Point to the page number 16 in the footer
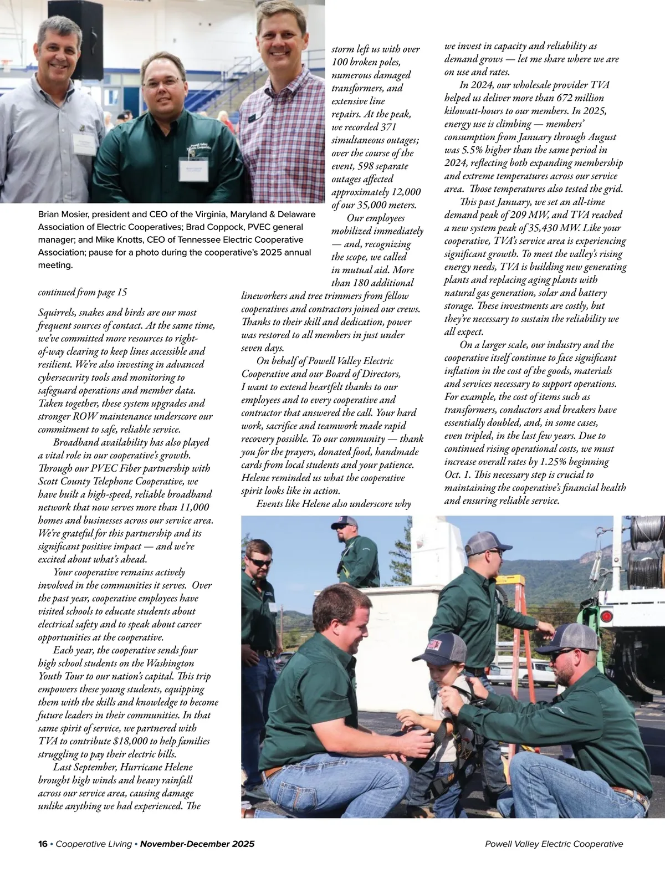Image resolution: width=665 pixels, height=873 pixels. click(x=43, y=844)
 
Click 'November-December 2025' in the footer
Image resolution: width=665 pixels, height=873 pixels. click(x=197, y=844)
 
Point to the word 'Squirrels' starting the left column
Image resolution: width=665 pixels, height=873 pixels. click(x=58, y=313)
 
